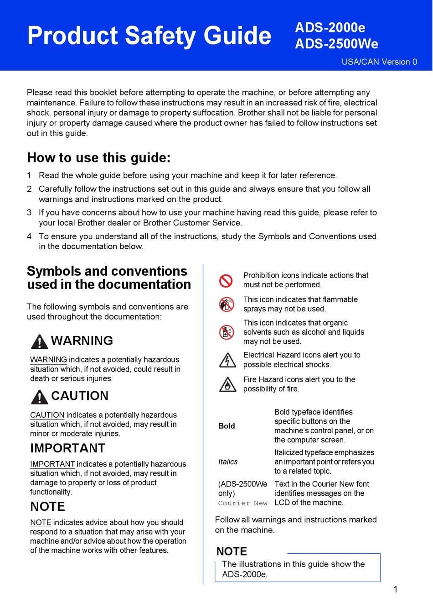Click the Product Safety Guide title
point(149,36)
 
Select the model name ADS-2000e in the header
point(330,28)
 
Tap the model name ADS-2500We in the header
point(336,44)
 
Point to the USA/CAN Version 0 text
point(379,62)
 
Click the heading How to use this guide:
point(98,157)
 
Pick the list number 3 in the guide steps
point(29,212)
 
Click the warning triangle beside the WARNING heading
point(40,341)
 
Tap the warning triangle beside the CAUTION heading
point(40,397)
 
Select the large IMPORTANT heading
point(67,448)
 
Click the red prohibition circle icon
point(226,280)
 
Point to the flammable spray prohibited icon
point(227,304)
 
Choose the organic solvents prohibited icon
point(227,332)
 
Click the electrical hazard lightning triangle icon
point(227,360)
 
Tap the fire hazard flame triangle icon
point(227,384)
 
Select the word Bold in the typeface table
point(227,426)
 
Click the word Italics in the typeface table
point(228,462)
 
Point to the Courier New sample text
point(242,503)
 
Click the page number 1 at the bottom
point(395,589)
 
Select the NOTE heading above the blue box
point(232,551)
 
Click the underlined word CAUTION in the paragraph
point(47,415)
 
